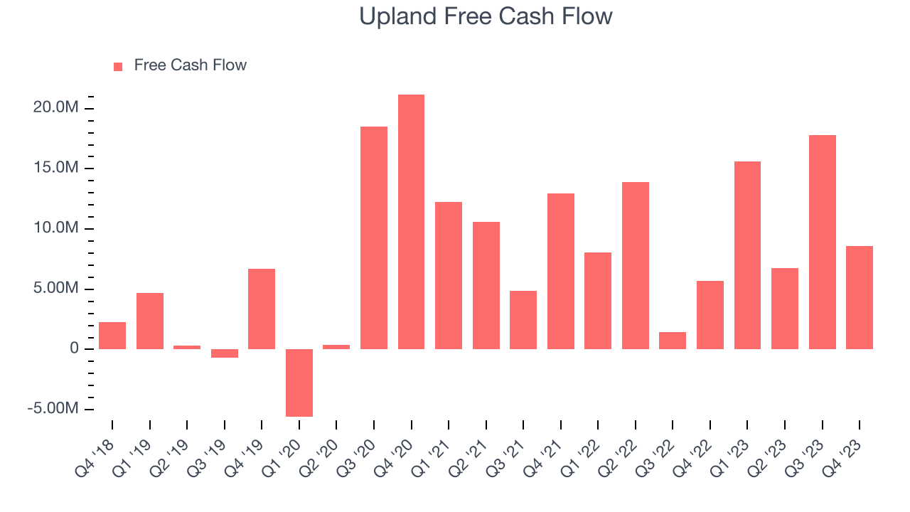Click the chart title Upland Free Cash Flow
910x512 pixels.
point(486,16)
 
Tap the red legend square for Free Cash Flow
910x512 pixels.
point(118,66)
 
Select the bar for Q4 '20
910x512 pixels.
point(411,222)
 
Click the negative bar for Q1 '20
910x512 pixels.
point(299,383)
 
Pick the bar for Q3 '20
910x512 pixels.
point(374,238)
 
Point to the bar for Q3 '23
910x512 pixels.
point(823,242)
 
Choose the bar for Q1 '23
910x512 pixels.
point(747,255)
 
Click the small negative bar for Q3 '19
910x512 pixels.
point(225,353)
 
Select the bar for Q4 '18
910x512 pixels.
point(112,336)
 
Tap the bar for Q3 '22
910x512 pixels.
point(673,341)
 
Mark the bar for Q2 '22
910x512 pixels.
point(636,265)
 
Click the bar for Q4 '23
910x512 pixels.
point(860,297)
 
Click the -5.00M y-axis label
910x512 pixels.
point(53,410)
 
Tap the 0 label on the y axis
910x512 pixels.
point(74,349)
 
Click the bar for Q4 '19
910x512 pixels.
point(262,309)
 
